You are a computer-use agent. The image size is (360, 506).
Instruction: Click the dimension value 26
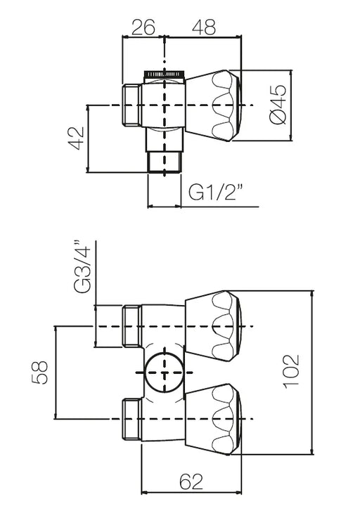coord(143,27)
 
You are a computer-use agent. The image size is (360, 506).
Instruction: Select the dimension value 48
coord(204,27)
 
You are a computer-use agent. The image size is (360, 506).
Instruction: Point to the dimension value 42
coord(76,138)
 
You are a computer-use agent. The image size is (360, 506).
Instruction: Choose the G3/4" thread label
coord(82,266)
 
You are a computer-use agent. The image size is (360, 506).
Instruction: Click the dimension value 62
coord(191,482)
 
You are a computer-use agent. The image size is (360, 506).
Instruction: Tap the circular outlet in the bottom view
coord(165,372)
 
